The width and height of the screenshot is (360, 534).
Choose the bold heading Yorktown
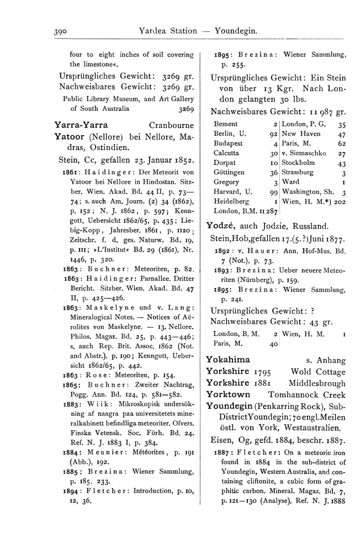pyautogui.click(x=227, y=395)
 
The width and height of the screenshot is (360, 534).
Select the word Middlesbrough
pyautogui.click(x=317, y=383)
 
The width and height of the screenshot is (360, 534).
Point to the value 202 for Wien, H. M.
pyautogui.click(x=338, y=201)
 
